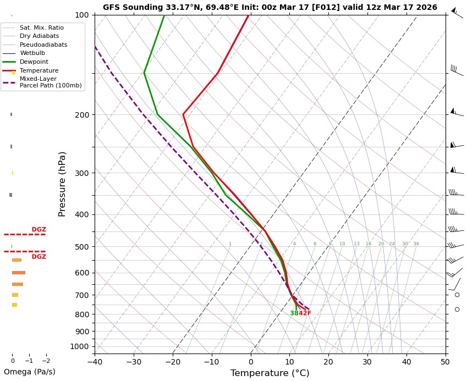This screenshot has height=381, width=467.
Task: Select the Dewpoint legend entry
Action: [x=34, y=62]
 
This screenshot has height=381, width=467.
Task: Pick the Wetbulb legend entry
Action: [x=33, y=53]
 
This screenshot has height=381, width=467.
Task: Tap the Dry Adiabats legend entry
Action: [x=39, y=36]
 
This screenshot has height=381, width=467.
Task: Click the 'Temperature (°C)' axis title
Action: [x=270, y=373]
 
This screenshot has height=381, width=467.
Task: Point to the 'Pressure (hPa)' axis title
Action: [x=62, y=184]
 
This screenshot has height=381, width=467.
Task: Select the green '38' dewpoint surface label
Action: [x=294, y=313]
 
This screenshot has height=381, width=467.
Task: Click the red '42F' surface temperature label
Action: [x=305, y=313]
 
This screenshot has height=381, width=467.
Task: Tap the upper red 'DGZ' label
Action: [x=39, y=230]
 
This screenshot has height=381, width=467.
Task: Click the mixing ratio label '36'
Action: [x=416, y=244]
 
